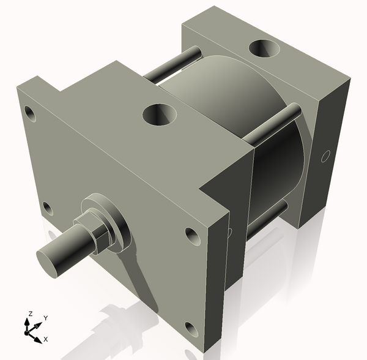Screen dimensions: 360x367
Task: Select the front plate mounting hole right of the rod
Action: [x=191, y=234]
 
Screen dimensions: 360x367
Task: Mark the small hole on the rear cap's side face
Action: [x=324, y=156]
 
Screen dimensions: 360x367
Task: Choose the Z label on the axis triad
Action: [x=29, y=314]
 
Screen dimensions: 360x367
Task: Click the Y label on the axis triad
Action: [x=46, y=318]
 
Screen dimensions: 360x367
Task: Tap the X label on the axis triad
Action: [x=46, y=339]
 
